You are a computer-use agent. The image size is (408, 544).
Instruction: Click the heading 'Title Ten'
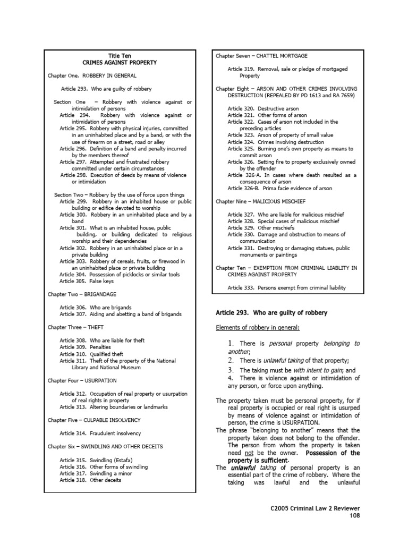click(120, 56)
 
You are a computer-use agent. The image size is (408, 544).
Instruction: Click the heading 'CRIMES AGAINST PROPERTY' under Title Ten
click(120, 63)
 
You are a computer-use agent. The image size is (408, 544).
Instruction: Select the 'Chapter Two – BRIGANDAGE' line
click(82, 294)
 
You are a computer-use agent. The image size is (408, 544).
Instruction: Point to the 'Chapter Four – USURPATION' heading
click(82, 380)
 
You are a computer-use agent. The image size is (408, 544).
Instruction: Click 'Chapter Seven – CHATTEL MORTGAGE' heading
click(261, 56)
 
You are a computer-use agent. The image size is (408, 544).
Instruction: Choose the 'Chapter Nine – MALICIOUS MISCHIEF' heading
click(260, 201)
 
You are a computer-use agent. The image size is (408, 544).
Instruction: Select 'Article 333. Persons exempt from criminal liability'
click(287, 288)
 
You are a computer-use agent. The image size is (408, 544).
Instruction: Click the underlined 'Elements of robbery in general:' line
click(257, 327)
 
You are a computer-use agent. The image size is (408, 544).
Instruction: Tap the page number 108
click(354, 515)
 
